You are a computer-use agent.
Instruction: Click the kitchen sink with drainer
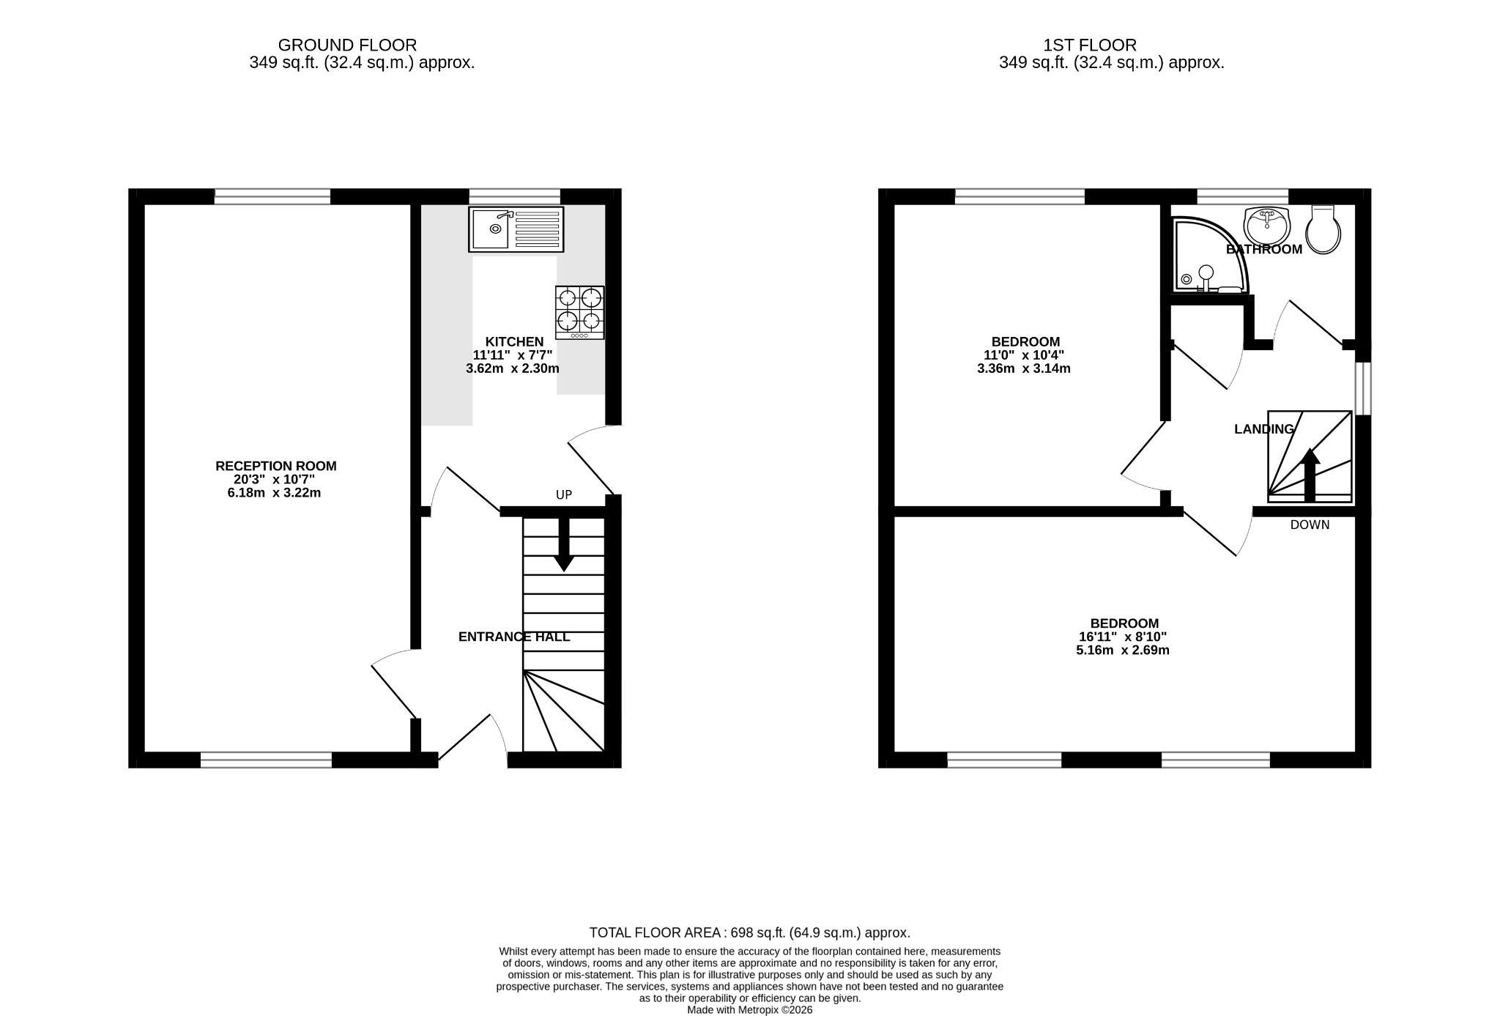click(x=516, y=229)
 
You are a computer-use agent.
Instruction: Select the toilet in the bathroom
click(x=1323, y=230)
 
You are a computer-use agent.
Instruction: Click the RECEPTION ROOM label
click(x=276, y=466)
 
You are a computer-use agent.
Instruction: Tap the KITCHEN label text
click(x=515, y=341)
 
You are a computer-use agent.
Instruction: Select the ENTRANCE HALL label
click(x=514, y=637)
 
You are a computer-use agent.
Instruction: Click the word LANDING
click(x=1264, y=429)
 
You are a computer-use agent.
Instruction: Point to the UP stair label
click(x=564, y=495)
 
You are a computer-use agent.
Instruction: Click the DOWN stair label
click(x=1310, y=525)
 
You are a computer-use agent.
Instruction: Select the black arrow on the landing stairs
click(x=1310, y=475)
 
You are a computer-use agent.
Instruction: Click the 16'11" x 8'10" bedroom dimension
click(x=1123, y=637)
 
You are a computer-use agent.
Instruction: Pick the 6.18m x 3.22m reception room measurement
click(x=275, y=493)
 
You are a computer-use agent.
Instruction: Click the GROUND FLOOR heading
click(x=347, y=45)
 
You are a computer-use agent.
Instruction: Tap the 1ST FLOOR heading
click(x=1090, y=45)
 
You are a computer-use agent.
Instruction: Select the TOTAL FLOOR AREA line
click(x=750, y=933)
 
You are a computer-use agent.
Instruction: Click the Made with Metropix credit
click(x=750, y=1010)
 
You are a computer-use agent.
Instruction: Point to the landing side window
click(x=1363, y=388)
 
